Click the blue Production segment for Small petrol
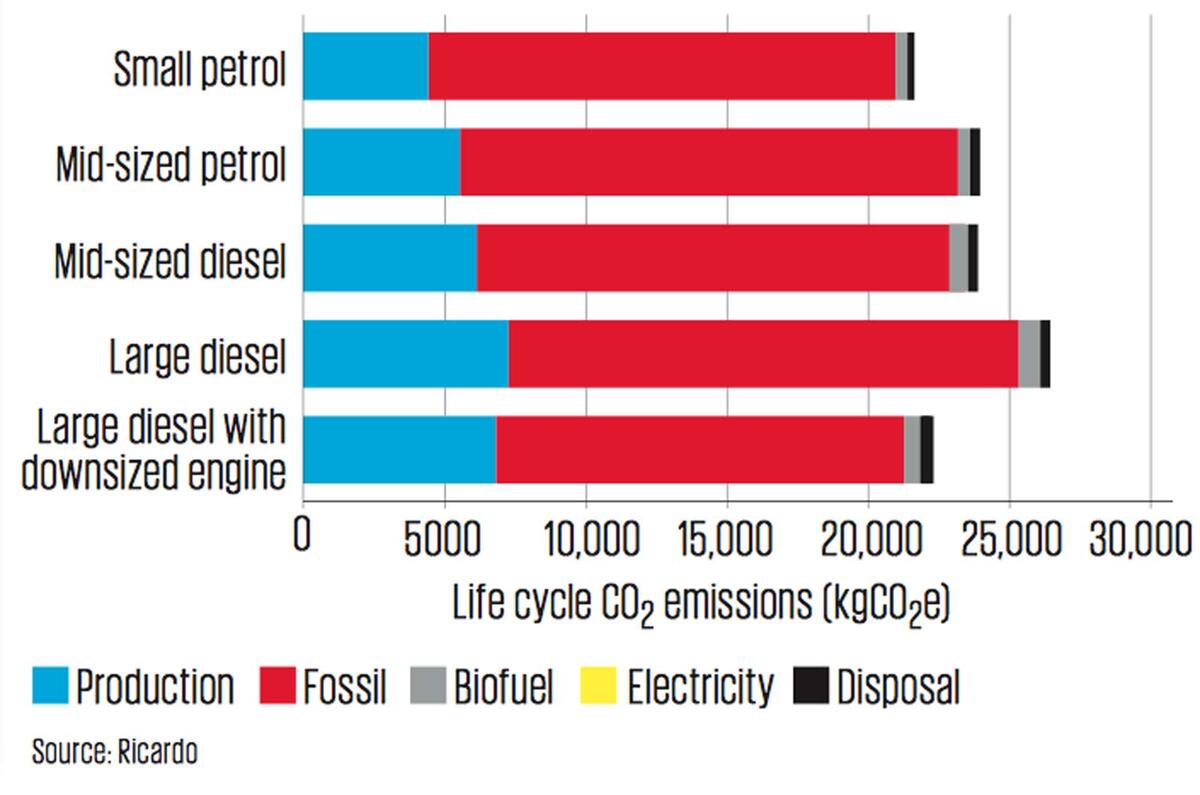365,66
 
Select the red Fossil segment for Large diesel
763,354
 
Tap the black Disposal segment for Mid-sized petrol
975,162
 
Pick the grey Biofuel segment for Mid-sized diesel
958,258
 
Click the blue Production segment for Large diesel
405,354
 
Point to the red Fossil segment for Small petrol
661,66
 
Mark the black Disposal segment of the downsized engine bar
927,450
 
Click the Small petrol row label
200,68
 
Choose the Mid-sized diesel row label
170,262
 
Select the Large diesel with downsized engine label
153,450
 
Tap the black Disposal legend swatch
811,688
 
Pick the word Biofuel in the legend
503,688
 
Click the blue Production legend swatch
49,688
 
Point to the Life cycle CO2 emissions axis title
701,603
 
